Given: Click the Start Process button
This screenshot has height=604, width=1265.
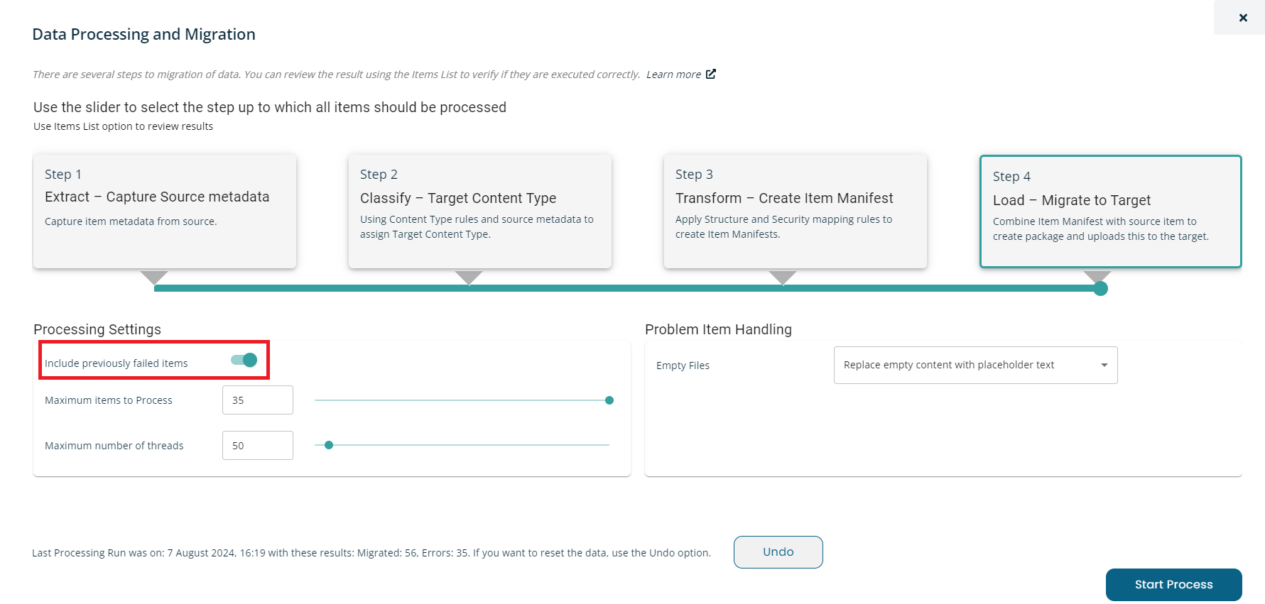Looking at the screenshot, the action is pos(1173,585).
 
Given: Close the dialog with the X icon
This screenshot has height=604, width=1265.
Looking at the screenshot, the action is pos(1243,18).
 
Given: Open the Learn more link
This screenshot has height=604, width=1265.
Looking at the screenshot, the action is pos(680,75).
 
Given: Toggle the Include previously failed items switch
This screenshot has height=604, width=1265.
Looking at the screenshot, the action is pos(244,360).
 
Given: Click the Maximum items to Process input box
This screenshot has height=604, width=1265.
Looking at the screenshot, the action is pos(258,400).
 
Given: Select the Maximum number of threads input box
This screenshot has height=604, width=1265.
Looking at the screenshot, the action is pos(258,446).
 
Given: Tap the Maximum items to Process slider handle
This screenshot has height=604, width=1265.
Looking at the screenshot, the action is pos(609,400).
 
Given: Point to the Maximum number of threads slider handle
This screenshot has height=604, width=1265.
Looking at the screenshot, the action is pos(329,445).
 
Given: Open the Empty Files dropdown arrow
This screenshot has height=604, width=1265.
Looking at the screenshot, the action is pos(1104,366).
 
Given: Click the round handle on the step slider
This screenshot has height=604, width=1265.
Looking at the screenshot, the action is pos(1101,288).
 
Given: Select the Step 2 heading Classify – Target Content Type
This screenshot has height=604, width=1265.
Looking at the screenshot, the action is pos(458,198).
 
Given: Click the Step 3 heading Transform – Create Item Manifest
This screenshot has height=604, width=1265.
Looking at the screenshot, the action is pos(784,198).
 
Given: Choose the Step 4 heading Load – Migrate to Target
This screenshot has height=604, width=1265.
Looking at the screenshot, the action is pos(1072,200).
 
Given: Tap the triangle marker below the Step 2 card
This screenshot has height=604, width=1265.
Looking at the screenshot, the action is pos(469,277).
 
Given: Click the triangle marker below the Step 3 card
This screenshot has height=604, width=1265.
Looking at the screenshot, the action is pos(783,277).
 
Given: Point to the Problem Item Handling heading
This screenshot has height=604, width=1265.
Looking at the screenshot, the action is pos(718,329).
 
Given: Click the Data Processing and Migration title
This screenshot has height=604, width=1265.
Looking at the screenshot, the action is pos(144,34).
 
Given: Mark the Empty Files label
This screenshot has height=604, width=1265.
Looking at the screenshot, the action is pos(683,366).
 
